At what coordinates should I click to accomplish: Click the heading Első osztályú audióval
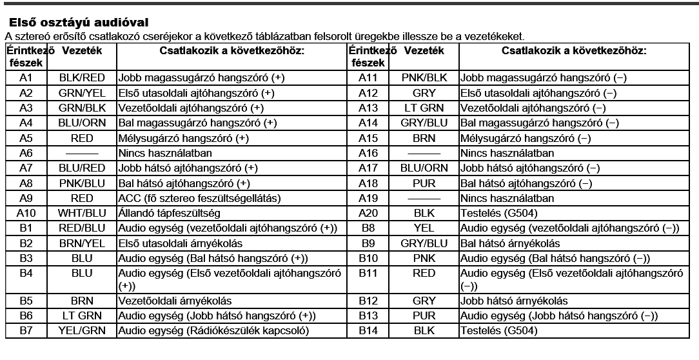coord(79,23)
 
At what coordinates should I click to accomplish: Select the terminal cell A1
coord(26,78)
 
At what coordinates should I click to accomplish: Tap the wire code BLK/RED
coord(82,78)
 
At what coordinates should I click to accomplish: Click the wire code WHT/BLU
coord(82,213)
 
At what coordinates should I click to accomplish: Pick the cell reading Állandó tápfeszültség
coord(170,213)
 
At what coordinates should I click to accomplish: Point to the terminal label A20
coord(368,213)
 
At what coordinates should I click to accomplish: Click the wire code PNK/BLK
coord(424,78)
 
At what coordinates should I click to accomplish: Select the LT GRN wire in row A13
coord(424,108)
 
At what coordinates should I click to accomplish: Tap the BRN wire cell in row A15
coord(424,138)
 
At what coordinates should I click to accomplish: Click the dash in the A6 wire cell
coord(82,154)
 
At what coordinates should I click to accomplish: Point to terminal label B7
coord(26,331)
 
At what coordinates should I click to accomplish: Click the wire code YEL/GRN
coord(82,331)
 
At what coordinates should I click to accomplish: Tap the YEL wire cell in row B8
coord(424,228)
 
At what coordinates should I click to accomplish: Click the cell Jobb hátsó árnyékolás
coord(514,301)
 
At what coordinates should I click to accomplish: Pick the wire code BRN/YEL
coord(82,243)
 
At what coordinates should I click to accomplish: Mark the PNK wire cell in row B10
coord(424,258)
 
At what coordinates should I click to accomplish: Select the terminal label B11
coord(368,273)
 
